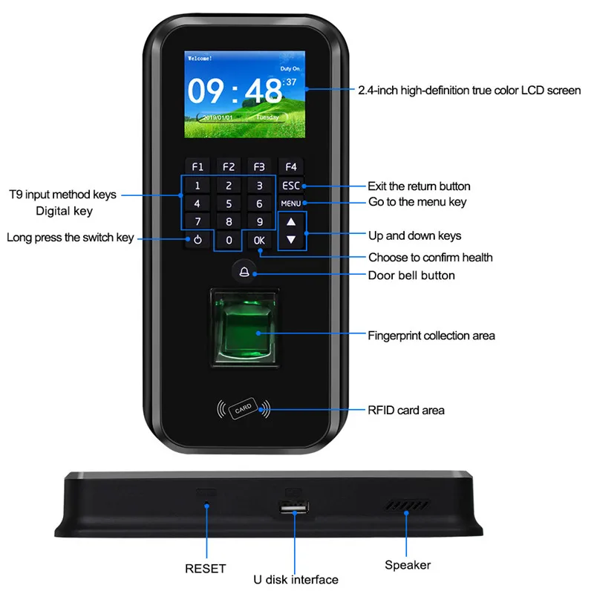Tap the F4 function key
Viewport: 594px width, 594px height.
[291, 167]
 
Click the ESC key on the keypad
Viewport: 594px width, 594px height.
[291, 186]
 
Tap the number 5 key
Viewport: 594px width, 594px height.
[229, 203]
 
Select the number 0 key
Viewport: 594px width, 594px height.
[229, 240]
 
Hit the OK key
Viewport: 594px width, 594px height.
[258, 240]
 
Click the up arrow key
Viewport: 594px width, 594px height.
[291, 221]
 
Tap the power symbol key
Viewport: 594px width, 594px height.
[198, 240]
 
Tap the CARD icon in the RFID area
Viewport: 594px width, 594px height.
[243, 409]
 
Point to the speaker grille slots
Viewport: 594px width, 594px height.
[407, 505]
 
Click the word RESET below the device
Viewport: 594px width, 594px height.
[205, 569]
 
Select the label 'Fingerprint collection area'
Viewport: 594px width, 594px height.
[431, 336]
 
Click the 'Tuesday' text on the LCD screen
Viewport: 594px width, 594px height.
[269, 117]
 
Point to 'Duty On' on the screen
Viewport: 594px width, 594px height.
[290, 68]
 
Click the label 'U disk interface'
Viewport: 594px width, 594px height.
[295, 579]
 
